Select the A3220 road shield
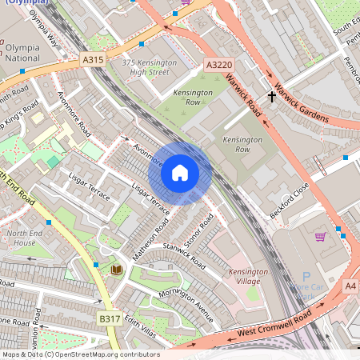218,64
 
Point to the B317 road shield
110,318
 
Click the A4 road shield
350,286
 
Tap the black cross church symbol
272,97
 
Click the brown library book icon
117,270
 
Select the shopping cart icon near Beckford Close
321,237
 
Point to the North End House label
22,238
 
